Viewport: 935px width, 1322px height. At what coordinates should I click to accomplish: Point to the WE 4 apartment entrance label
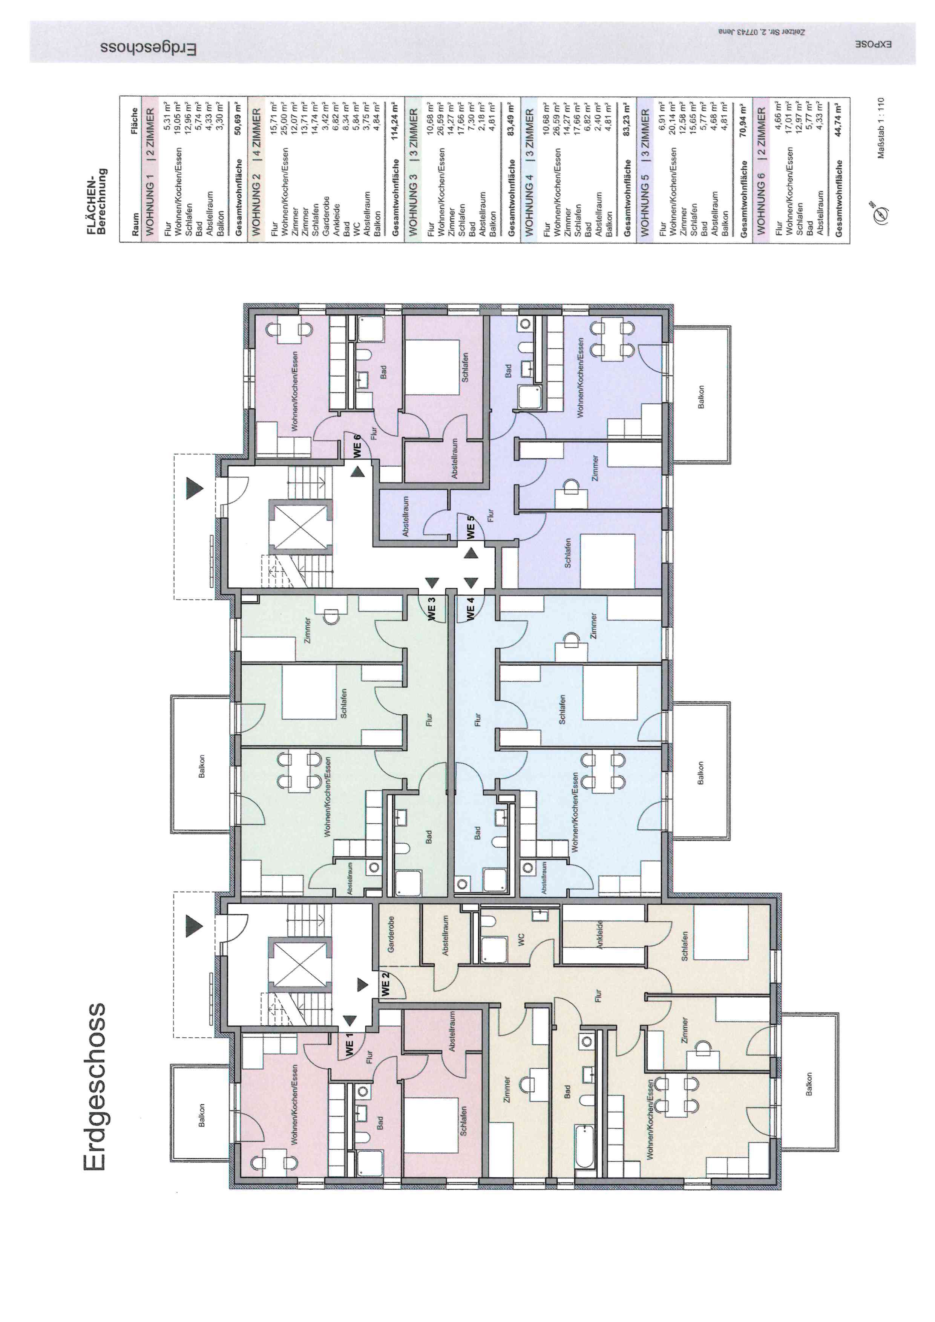(x=471, y=609)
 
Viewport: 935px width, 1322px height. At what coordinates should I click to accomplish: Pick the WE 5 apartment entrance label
(x=471, y=527)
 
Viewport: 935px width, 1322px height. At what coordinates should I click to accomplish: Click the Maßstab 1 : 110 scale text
(x=881, y=128)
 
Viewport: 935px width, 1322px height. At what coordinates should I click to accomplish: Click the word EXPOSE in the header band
(x=873, y=45)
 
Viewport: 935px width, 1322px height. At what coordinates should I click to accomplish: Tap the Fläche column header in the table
(x=135, y=121)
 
